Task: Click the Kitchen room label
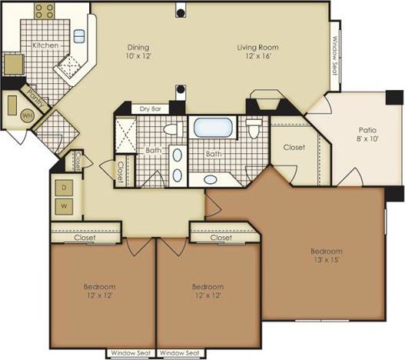(45, 45)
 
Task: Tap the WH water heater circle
(27, 115)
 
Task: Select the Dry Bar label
(150, 108)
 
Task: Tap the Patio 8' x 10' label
(367, 135)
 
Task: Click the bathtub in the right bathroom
(213, 127)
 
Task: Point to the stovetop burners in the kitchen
(45, 11)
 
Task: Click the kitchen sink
(79, 35)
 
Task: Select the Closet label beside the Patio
(294, 147)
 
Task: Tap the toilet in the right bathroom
(254, 128)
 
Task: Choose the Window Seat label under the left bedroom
(130, 353)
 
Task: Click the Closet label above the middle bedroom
(221, 238)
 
